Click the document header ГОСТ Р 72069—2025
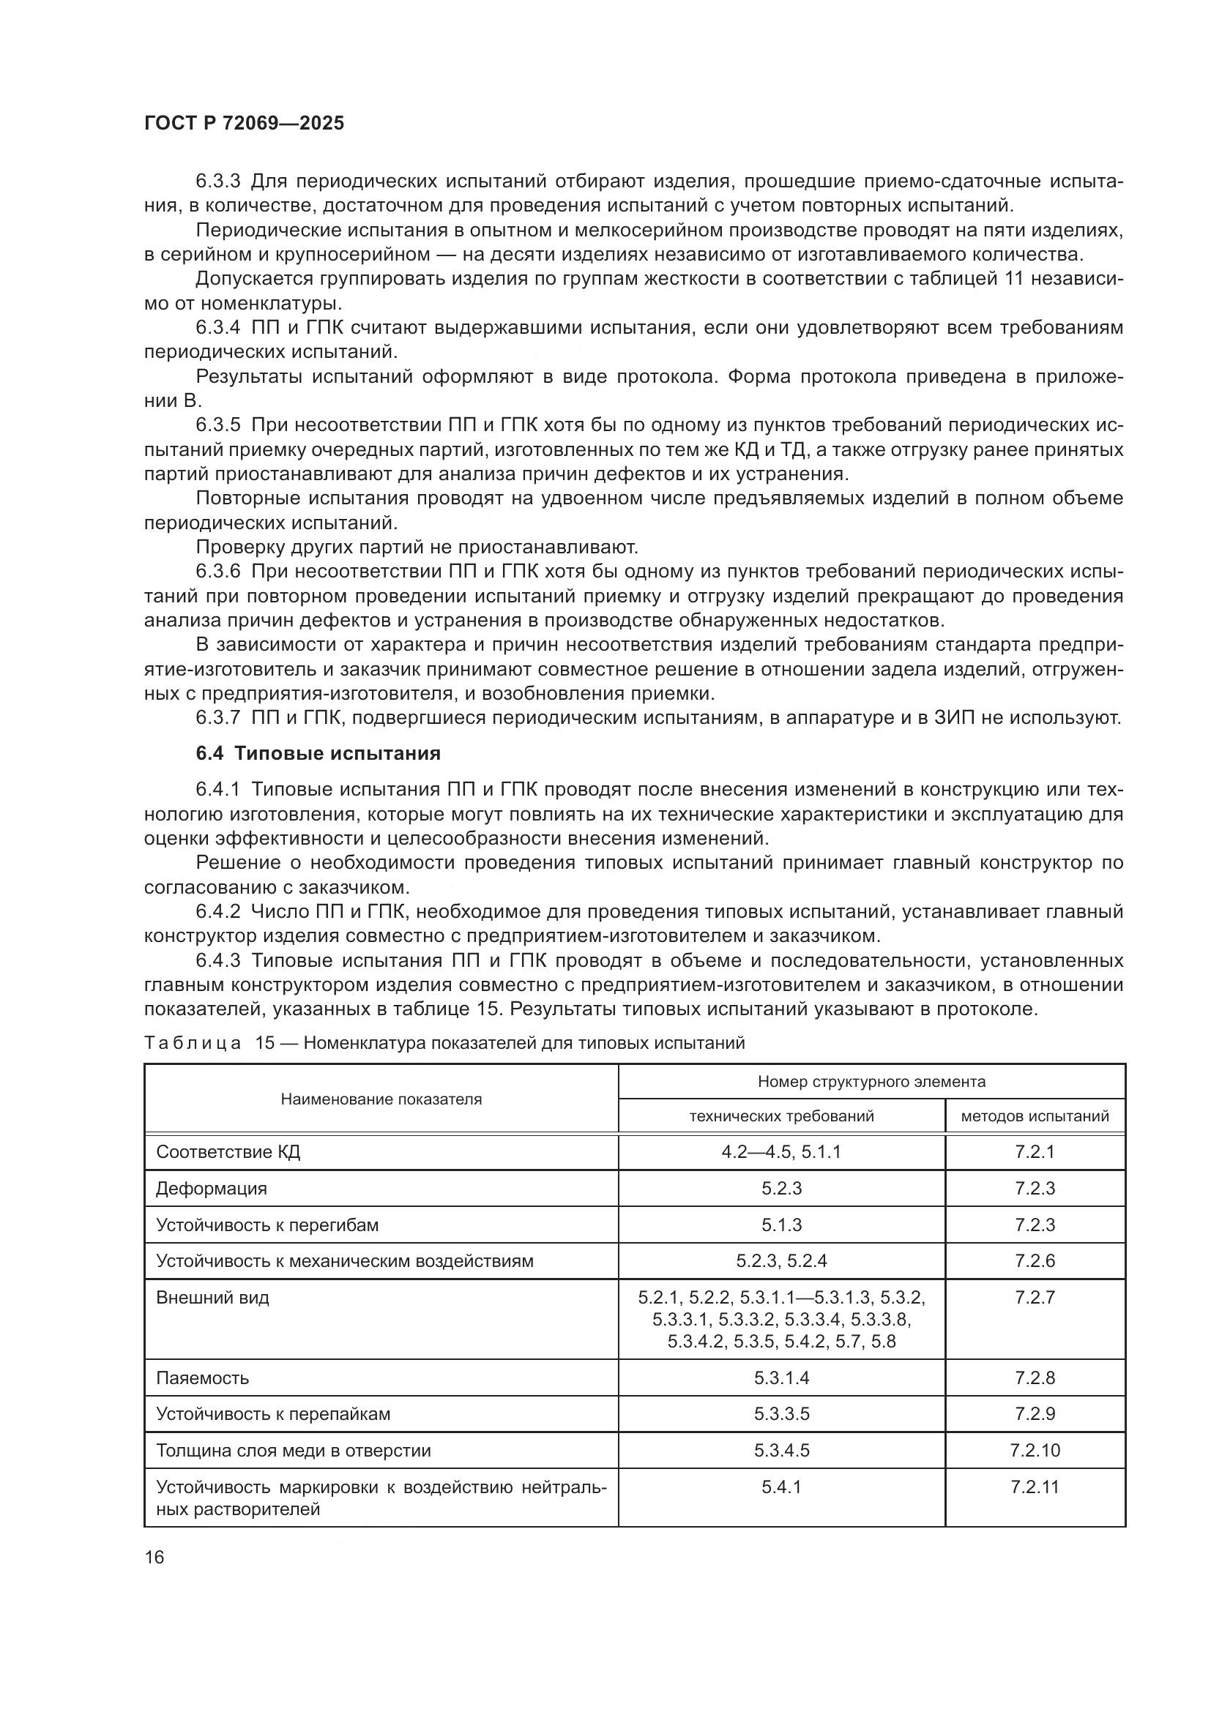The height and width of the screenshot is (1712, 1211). pyautogui.click(x=244, y=124)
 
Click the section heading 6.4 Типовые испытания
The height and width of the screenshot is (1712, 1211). pyautogui.click(x=318, y=753)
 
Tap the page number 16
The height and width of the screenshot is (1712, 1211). pyautogui.click(x=154, y=1557)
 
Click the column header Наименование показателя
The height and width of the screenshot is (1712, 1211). pyautogui.click(x=381, y=1099)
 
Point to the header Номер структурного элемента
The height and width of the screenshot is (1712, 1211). pyautogui.click(x=871, y=1081)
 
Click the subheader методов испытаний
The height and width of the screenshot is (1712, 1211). pyautogui.click(x=1035, y=1116)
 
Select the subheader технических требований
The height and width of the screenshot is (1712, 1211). pyautogui.click(x=780, y=1116)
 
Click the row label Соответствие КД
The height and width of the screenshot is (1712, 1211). pyautogui.click(x=228, y=1152)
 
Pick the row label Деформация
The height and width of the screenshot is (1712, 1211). pyautogui.click(x=211, y=1189)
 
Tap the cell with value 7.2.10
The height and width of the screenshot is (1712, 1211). pyautogui.click(x=1035, y=1450)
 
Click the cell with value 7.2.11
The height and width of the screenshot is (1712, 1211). pyautogui.click(x=1035, y=1487)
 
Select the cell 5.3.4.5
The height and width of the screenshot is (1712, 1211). pyautogui.click(x=780, y=1450)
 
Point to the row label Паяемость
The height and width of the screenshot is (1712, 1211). pyautogui.click(x=202, y=1378)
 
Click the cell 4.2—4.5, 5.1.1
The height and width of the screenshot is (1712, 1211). pyautogui.click(x=780, y=1152)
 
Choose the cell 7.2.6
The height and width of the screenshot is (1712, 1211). pyautogui.click(x=1035, y=1261)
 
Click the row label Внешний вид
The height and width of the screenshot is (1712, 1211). pyautogui.click(x=212, y=1298)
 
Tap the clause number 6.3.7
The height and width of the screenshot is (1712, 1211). pyautogui.click(x=217, y=717)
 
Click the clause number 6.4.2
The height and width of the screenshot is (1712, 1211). pyautogui.click(x=217, y=911)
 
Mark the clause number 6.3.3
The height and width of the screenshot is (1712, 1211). pyautogui.click(x=217, y=182)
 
